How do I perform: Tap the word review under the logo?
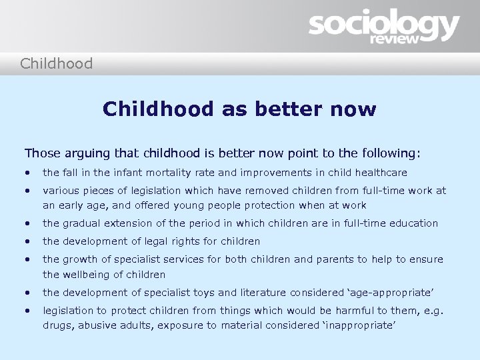pyautogui.click(x=396, y=39)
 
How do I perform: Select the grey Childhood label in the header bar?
pyautogui.click(x=56, y=64)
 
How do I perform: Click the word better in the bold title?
pyautogui.click(x=287, y=109)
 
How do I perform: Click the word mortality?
pyautogui.click(x=155, y=173)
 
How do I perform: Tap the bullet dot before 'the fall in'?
pyautogui.click(x=28, y=173)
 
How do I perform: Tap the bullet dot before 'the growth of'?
pyautogui.click(x=28, y=259)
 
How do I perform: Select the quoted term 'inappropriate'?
pyautogui.click(x=359, y=325)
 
